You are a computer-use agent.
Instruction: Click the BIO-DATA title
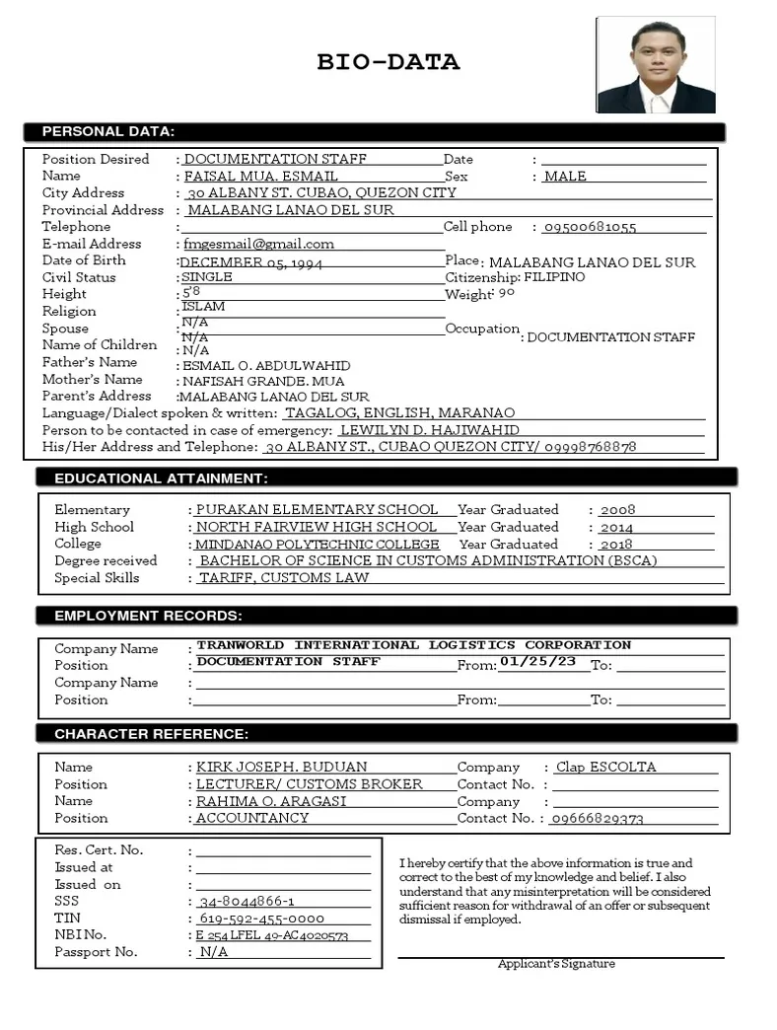point(388,63)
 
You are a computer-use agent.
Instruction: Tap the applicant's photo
point(656,66)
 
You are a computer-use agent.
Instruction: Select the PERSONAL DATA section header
point(108,131)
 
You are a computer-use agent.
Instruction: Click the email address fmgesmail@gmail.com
point(259,244)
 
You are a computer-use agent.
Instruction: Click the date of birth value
point(251,262)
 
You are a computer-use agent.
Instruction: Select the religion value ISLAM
point(203,307)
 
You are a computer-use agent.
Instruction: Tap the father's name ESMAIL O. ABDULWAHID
point(266,365)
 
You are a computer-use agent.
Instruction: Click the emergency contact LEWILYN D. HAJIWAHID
point(429,430)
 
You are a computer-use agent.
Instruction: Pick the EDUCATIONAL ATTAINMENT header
point(160,478)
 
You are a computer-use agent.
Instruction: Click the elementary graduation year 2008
point(617,510)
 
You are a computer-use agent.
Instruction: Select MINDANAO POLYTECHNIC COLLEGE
point(318,545)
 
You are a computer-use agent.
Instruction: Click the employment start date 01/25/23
point(537,661)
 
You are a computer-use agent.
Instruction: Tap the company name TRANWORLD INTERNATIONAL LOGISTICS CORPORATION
point(414,645)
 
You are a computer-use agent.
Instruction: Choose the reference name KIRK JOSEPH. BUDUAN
point(282,767)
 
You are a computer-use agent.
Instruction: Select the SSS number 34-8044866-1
point(247,902)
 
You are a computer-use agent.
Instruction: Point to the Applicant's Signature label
point(556,964)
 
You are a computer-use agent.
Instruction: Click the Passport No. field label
point(97,952)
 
